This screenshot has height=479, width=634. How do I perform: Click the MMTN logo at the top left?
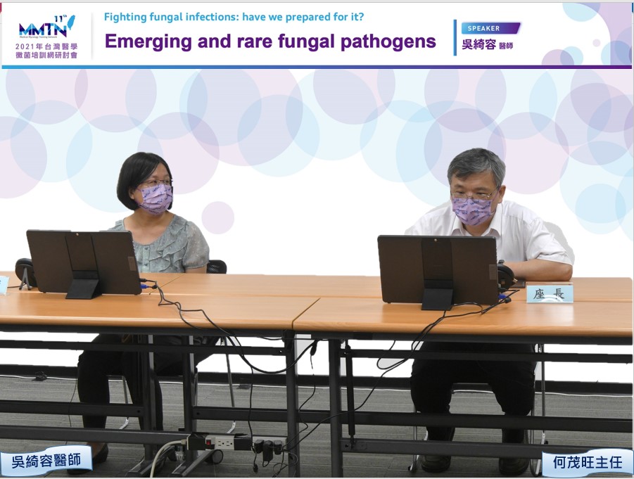pos(46,27)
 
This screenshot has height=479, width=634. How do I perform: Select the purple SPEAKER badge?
pos(490,28)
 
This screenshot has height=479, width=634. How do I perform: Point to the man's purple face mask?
pos(473,210)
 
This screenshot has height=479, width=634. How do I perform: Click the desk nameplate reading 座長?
pos(550,293)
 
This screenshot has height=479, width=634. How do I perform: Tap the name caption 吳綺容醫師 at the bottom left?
pos(46,460)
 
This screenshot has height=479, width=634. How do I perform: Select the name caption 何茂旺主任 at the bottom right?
pos(588,462)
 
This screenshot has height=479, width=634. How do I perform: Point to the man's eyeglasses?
pos(472,196)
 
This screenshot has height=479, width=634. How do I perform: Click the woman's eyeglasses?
pos(157,183)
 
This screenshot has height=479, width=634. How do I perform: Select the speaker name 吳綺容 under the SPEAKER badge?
pos(478,44)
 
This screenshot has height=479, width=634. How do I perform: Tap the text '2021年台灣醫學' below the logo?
pos(46,46)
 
